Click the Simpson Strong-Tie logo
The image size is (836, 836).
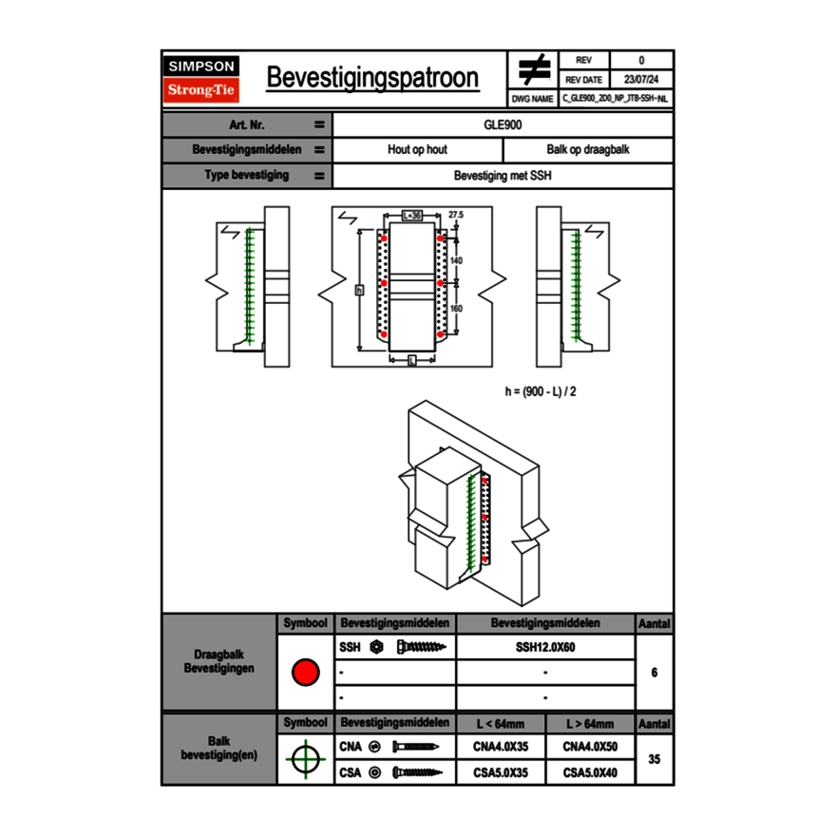pos(202,79)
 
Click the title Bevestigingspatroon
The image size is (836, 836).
pos(372,78)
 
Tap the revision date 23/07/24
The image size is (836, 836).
pos(641,80)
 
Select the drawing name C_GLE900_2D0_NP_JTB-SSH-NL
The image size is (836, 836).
pos(615,98)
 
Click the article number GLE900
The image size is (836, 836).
pos(503,124)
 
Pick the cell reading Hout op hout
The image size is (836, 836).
pos(417,150)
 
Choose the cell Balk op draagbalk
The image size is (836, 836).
pos(587,150)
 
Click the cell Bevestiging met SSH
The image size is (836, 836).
pos(503,176)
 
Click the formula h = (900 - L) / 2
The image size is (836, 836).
pos(540,390)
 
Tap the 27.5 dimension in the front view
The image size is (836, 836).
pos(456,216)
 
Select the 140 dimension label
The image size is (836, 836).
pos(456,260)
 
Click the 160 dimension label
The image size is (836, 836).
pos(456,308)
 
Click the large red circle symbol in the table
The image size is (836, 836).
pos(305,673)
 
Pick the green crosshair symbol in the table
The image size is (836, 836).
pos(305,759)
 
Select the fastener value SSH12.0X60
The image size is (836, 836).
pos(545,647)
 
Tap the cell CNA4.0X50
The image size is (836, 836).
pos(590,748)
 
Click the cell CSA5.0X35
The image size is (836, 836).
pos(501,773)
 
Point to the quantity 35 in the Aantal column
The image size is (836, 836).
pos(654,759)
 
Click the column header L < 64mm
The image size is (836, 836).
pos(501,724)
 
